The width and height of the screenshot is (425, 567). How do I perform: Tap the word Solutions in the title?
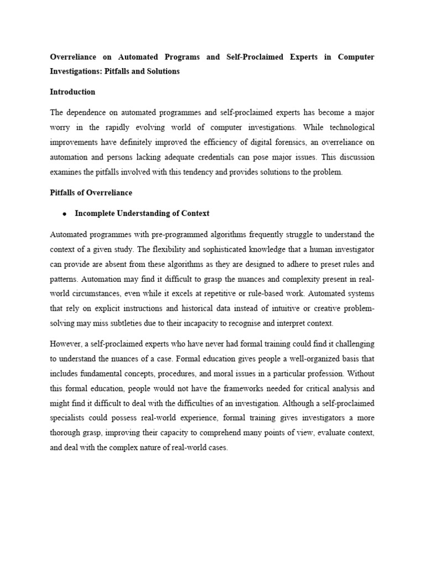pos(163,71)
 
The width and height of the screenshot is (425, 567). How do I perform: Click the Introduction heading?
pos(72,92)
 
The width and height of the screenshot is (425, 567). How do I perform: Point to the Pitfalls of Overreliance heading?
pos(91,192)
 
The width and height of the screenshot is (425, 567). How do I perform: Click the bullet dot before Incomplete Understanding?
pos(65,214)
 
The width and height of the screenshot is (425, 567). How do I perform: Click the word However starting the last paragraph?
pos(65,343)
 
